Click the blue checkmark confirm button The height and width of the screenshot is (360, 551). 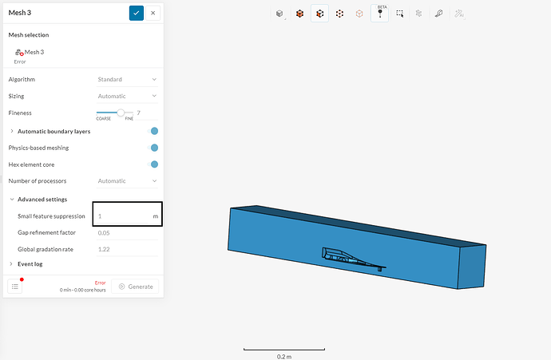137,13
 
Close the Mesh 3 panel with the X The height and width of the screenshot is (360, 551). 153,13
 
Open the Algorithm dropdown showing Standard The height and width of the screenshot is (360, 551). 127,79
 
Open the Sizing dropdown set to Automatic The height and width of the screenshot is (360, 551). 127,96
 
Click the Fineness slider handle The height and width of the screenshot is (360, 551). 121,113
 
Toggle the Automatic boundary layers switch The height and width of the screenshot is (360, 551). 153,131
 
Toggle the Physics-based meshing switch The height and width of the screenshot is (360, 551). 153,148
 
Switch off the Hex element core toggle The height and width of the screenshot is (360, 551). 153,164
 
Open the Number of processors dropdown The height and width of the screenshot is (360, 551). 127,181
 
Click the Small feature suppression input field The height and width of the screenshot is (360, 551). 127,214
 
